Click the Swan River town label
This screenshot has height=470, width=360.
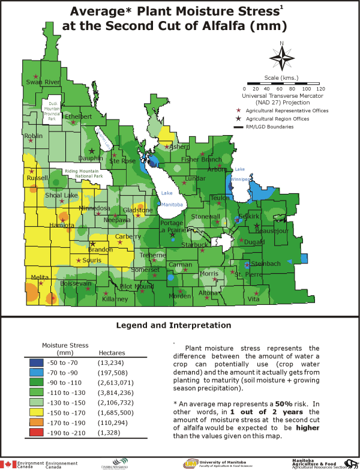(x=43, y=82)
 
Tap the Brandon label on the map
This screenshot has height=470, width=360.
(x=100, y=249)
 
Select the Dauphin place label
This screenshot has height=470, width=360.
(x=91, y=158)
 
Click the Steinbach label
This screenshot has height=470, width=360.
(x=266, y=264)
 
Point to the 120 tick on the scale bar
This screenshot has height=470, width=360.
(x=321, y=88)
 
